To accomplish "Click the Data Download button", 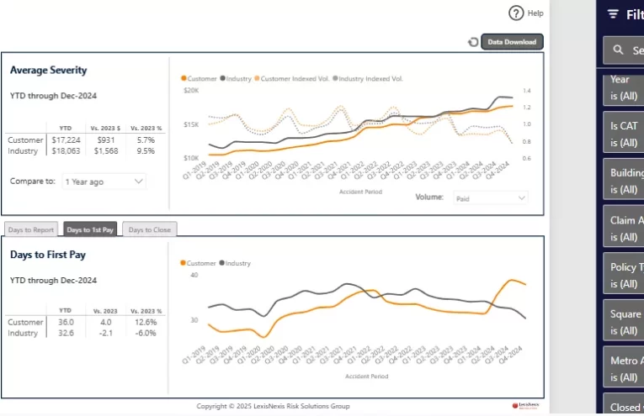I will [x=512, y=42].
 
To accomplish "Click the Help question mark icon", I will [x=517, y=13].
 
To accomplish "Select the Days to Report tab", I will [x=32, y=229].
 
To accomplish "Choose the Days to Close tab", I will [x=149, y=229].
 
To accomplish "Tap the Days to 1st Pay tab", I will [x=90, y=229].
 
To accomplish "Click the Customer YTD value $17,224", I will [x=66, y=140].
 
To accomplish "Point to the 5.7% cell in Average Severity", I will [x=146, y=140].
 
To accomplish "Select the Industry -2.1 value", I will [x=106, y=333].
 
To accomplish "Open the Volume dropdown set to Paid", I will [x=490, y=197].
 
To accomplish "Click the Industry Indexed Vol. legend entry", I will [x=370, y=78].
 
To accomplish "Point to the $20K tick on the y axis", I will [x=191, y=90].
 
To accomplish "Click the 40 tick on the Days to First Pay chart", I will [x=194, y=275].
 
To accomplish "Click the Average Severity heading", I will [x=49, y=71].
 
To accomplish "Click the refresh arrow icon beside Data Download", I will [x=473, y=42].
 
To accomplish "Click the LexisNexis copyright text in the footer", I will [x=273, y=406].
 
